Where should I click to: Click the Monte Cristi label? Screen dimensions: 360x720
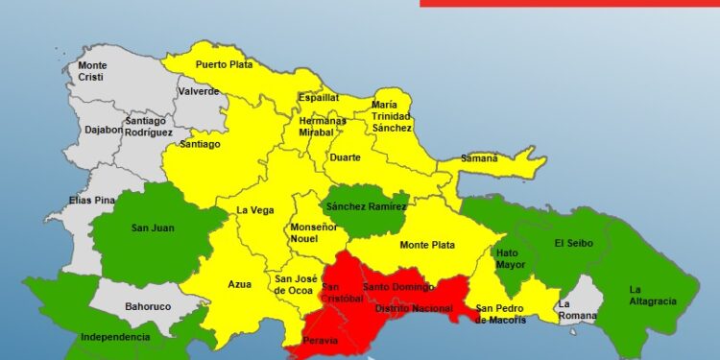click(92, 71)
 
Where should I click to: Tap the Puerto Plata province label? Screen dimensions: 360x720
click(222, 64)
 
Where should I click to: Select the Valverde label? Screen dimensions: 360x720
click(199, 92)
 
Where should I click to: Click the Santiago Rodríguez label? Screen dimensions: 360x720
click(148, 126)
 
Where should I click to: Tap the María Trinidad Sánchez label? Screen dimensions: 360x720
click(392, 116)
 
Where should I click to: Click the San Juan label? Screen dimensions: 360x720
click(152, 228)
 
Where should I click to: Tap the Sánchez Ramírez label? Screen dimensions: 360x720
click(366, 206)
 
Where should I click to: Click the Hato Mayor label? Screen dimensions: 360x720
click(509, 259)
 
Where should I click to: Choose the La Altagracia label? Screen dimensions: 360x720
click(653, 295)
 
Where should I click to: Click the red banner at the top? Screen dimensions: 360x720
click(569, 3)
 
